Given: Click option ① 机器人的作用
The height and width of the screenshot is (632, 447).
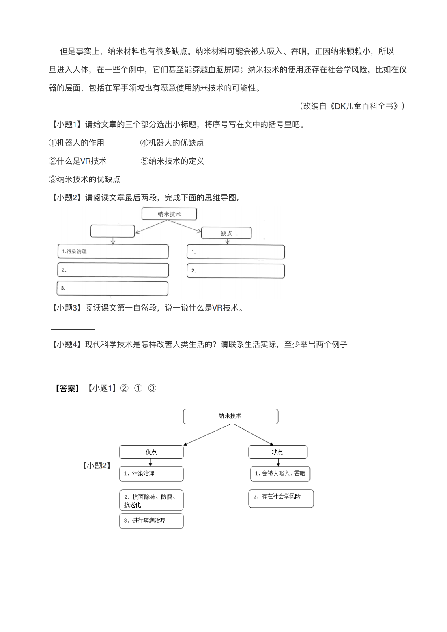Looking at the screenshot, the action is [x=76, y=143].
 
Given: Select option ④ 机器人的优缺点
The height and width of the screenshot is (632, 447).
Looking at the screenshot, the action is [x=172, y=143].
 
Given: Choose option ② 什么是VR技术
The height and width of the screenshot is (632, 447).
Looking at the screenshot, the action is [x=77, y=161].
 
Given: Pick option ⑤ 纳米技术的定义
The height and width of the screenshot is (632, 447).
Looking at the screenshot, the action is [x=172, y=161].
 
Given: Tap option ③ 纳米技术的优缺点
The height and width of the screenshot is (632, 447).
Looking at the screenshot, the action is [x=84, y=180].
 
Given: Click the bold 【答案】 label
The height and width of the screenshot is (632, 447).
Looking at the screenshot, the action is [x=67, y=388].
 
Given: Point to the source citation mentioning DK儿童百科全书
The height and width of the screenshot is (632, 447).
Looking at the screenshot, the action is [x=352, y=106].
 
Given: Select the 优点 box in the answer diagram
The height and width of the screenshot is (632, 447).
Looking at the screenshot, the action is [x=151, y=452].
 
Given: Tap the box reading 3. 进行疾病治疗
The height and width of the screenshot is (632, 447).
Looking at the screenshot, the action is [x=151, y=521].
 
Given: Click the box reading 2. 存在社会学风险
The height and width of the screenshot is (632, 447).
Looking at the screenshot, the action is [x=281, y=498].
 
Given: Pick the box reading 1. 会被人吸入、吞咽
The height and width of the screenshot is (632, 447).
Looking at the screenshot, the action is [x=280, y=473].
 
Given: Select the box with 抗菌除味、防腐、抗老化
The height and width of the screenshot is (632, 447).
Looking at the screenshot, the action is [x=151, y=500].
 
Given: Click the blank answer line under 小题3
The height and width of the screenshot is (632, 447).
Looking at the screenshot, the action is [x=73, y=329].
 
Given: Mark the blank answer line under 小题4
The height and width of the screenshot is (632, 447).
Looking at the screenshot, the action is [x=73, y=366].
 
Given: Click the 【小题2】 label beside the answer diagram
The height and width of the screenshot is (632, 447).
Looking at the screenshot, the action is [x=96, y=465].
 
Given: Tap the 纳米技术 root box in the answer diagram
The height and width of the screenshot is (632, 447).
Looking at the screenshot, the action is [x=231, y=416].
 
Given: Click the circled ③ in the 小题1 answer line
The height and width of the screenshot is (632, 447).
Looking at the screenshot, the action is [x=152, y=388].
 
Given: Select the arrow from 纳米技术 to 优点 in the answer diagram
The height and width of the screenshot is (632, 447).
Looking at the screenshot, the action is [x=208, y=435].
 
